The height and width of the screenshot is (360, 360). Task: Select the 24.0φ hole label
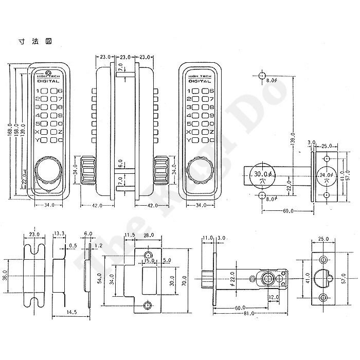pyautogui.click(x=325, y=175)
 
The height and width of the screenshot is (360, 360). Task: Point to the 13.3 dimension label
pyautogui.click(x=59, y=235)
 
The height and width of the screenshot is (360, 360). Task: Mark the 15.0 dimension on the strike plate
pyautogui.click(x=150, y=262)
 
